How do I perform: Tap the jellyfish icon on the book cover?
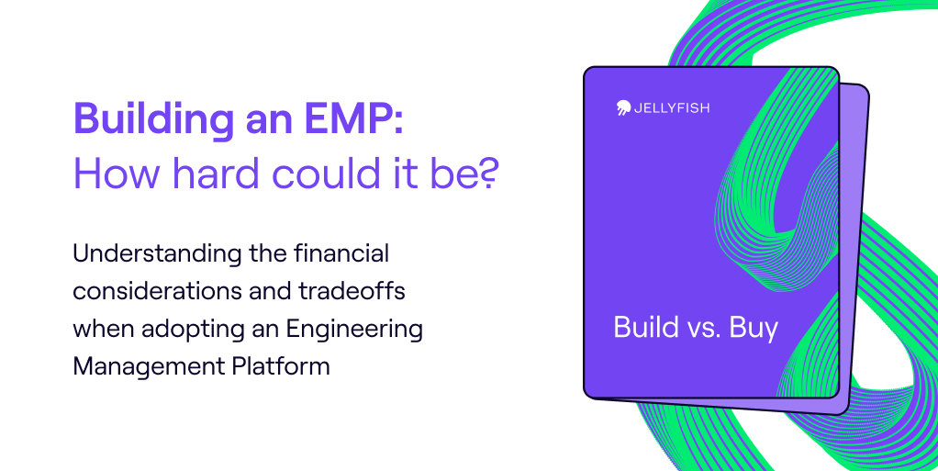(623, 107)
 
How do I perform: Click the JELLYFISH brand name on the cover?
(671, 108)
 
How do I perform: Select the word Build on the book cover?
(646, 328)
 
